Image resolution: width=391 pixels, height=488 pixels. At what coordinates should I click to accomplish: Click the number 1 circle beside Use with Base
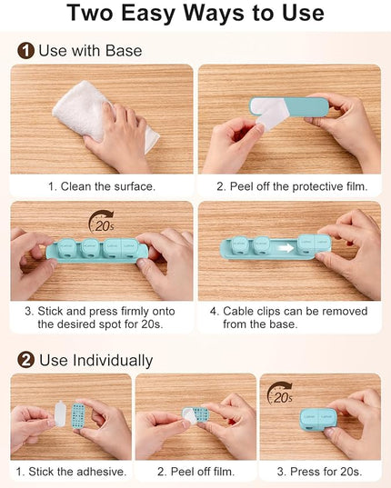25,51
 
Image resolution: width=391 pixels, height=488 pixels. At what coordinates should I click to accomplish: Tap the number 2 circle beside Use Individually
25,360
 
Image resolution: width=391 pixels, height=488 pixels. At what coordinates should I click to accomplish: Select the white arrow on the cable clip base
286,248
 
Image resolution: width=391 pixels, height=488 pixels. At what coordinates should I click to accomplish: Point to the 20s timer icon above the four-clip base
101,221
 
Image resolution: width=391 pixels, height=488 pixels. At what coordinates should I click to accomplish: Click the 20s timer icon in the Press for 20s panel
279,393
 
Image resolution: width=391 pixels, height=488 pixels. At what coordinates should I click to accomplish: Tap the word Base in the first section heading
124,51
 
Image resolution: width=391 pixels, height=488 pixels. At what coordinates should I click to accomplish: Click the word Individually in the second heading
113,361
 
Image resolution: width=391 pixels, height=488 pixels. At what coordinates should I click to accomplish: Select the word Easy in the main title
148,13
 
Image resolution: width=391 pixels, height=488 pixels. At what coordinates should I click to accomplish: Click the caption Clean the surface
102,186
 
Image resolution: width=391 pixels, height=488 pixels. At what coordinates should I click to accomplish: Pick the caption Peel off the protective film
292,186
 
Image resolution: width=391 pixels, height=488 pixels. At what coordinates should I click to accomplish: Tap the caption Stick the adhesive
71,472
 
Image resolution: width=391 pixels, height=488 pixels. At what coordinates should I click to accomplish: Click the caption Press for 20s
320,472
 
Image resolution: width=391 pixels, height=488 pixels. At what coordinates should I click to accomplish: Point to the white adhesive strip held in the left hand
60,413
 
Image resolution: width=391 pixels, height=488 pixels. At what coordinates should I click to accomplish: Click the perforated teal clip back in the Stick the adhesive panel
78,416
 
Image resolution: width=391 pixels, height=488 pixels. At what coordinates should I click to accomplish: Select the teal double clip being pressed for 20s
317,419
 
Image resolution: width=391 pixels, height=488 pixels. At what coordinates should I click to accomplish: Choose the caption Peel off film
195,472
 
